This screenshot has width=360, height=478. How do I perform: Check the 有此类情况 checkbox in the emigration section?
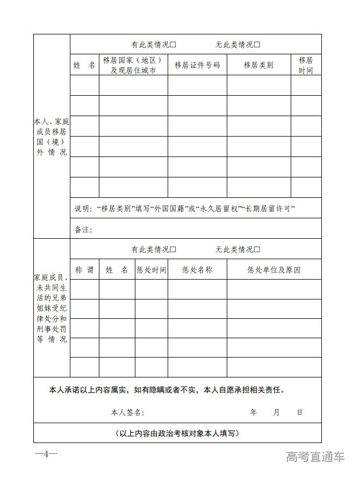click(173, 45)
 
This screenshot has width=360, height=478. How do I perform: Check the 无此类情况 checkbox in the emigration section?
click(257, 45)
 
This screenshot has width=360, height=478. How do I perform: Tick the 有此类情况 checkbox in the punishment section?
click(173, 249)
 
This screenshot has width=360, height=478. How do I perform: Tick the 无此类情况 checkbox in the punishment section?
click(257, 249)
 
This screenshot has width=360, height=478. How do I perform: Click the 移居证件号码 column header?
click(197, 65)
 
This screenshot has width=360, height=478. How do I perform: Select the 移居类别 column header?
click(258, 65)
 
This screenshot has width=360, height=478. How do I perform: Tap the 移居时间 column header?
click(306, 65)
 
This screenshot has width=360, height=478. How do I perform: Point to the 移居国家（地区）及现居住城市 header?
click(133, 65)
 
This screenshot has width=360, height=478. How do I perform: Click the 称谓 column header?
click(84, 270)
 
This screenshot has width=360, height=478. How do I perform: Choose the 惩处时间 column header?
click(151, 270)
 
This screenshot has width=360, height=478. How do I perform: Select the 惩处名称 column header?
click(197, 270)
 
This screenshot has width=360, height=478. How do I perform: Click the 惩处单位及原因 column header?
click(273, 270)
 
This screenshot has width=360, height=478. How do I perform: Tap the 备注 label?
click(83, 230)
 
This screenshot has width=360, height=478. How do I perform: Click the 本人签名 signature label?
click(127, 412)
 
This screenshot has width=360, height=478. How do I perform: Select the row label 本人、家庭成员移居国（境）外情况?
click(52, 137)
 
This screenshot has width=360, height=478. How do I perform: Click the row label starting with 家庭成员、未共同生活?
click(52, 309)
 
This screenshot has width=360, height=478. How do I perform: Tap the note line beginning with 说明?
click(185, 209)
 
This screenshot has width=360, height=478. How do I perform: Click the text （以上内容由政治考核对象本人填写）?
click(177, 433)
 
